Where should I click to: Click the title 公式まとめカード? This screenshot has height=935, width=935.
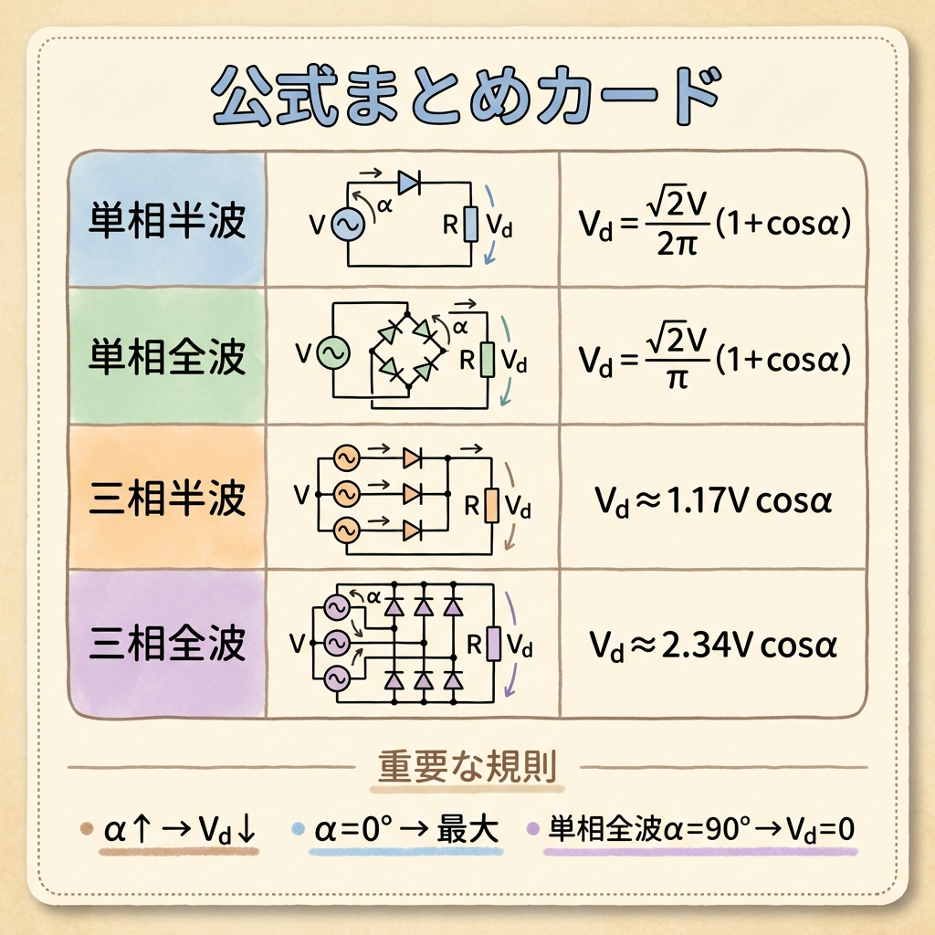[466, 95]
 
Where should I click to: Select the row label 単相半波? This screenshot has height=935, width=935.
[168, 219]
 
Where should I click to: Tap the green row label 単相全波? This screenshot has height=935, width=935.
[168, 356]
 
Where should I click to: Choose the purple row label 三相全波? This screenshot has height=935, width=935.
[168, 644]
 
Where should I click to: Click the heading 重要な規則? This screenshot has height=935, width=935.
[467, 768]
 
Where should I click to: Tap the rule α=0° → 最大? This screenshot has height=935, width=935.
[406, 831]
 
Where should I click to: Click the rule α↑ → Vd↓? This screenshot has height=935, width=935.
[183, 831]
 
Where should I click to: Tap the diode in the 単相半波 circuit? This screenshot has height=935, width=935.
[408, 184]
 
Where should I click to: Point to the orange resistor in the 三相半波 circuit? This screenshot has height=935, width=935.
[491, 505]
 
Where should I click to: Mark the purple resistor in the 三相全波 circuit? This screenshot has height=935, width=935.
[494, 644]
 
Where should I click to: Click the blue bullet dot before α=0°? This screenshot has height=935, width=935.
[297, 830]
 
